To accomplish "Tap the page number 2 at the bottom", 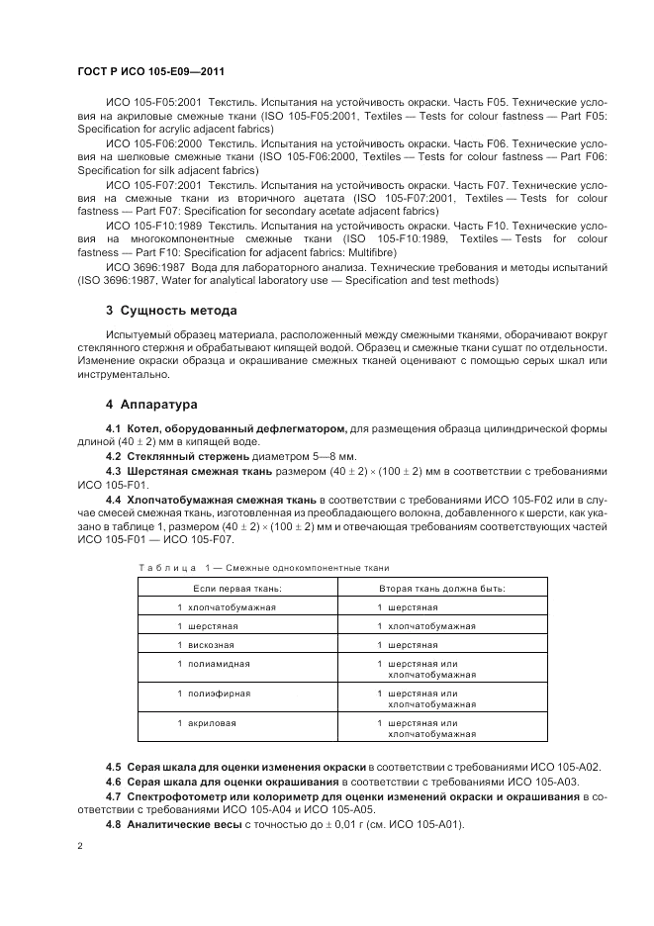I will coord(79,846).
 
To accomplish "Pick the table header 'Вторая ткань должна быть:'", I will coord(441,588).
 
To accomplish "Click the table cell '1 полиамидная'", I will coord(213,663).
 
